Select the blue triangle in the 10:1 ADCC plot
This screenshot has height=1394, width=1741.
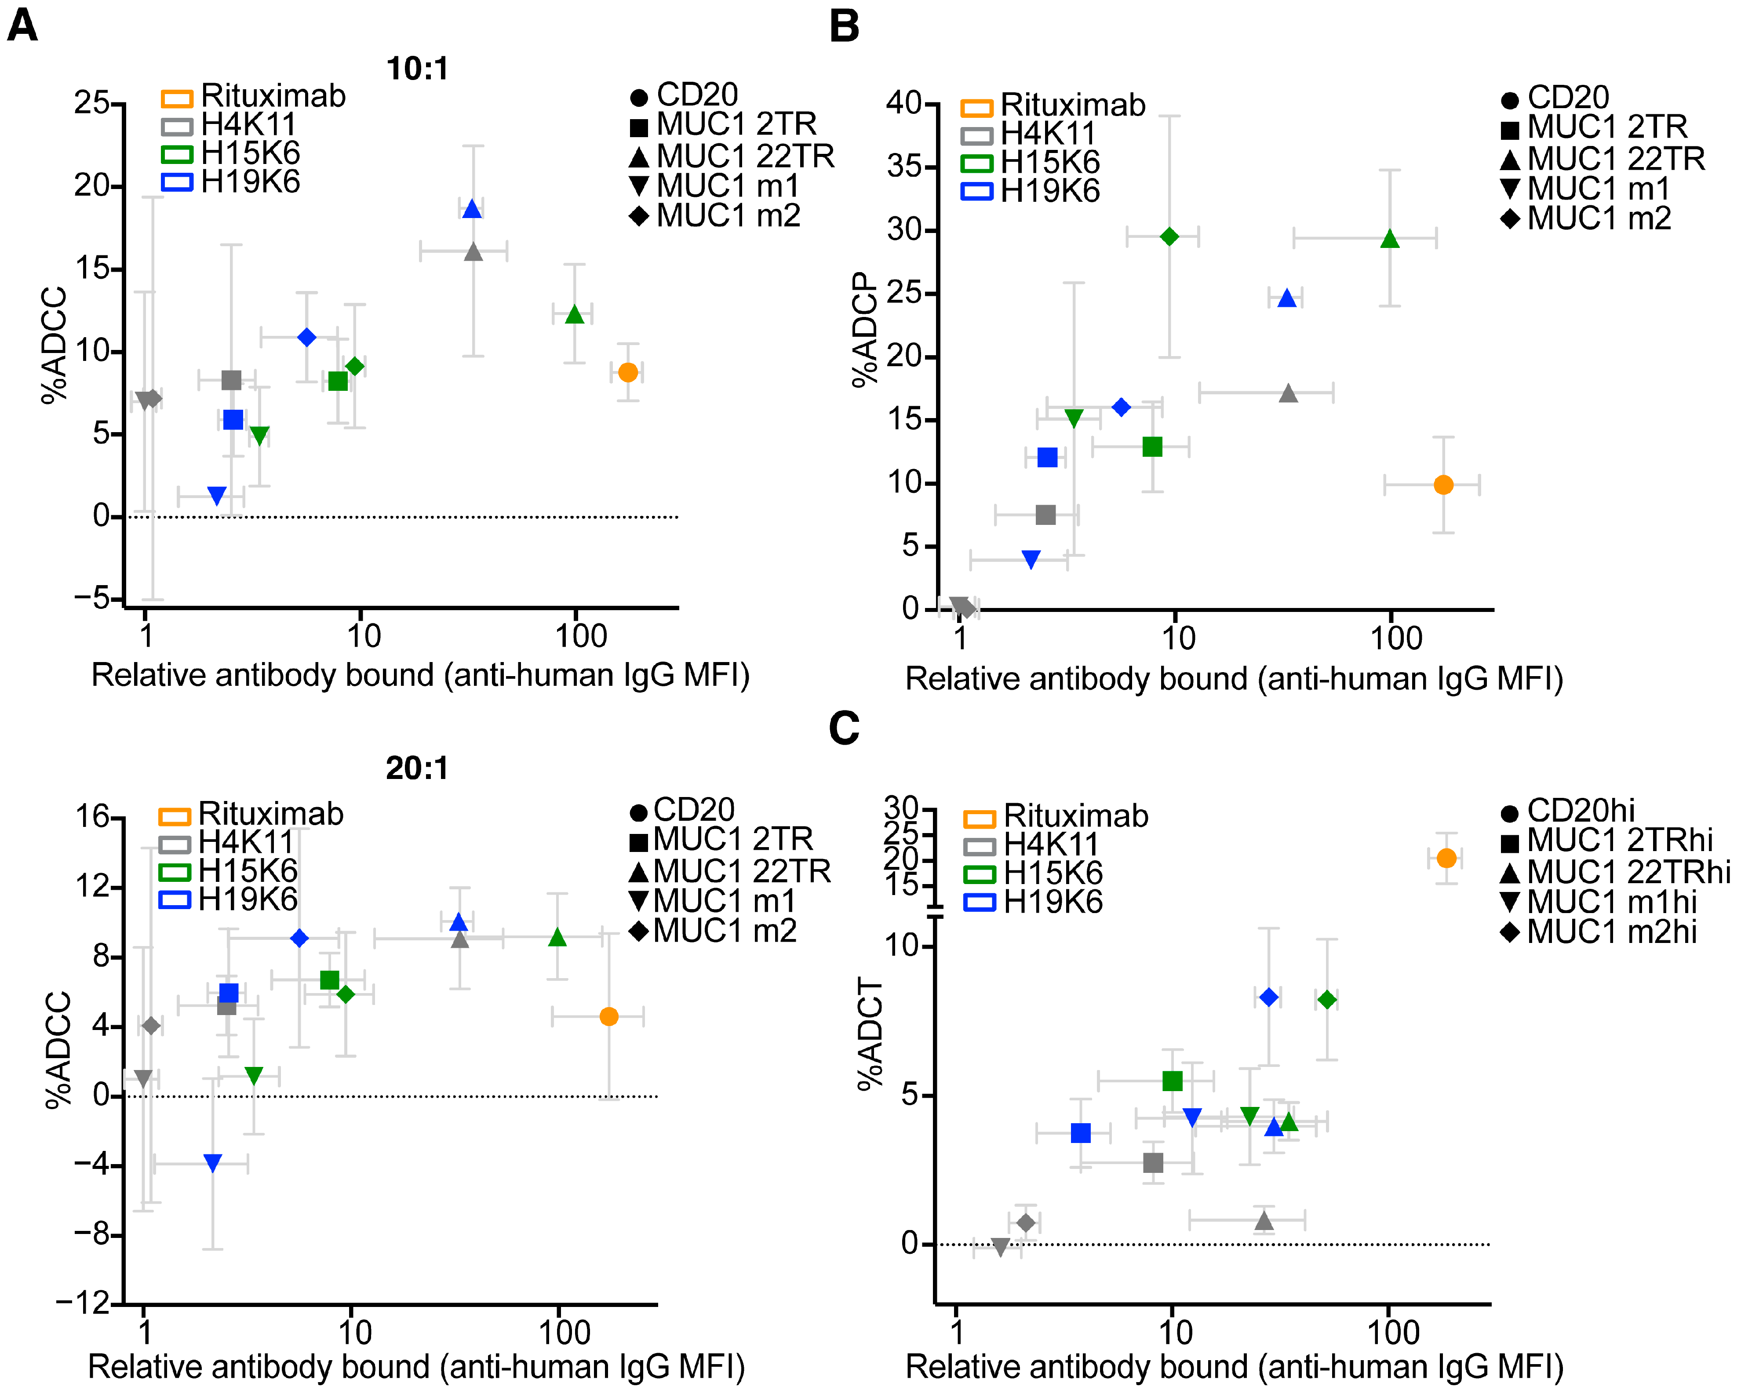472,209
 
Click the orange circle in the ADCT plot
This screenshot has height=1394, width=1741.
1446,858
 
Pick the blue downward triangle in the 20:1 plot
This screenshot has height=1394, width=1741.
212,1163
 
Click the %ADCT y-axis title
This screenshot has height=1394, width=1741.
870,1034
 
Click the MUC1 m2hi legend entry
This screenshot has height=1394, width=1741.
1599,932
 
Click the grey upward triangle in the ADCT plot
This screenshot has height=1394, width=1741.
1264,1221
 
